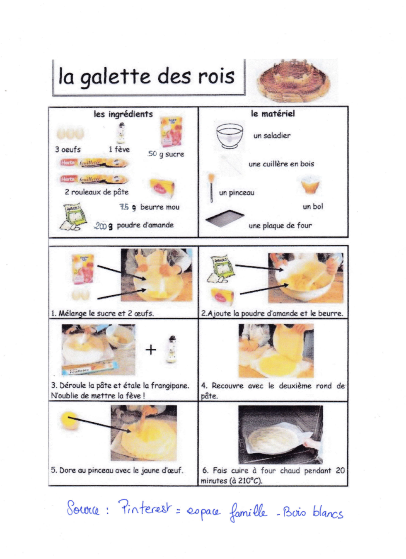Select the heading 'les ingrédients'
[123, 114]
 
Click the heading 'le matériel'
[273, 114]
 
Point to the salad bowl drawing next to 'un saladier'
[230, 135]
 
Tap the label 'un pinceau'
[237, 192]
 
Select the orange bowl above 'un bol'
[311, 185]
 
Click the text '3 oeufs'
[68, 149]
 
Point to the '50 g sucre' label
[166, 154]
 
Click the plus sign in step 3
[151, 350]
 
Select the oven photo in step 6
[280, 434]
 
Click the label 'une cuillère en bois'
[281, 164]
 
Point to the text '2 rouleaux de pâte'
[97, 192]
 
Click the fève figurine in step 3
[172, 349]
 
